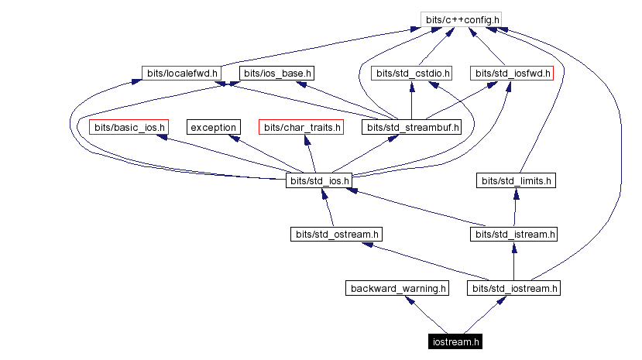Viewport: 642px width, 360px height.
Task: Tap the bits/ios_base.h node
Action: [277, 74]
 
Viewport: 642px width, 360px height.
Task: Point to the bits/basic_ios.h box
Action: [129, 127]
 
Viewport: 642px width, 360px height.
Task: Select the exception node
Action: [213, 127]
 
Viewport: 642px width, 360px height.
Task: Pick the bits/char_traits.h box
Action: [300, 127]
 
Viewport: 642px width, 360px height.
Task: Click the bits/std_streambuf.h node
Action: [412, 127]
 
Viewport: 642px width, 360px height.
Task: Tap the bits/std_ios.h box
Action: [319, 181]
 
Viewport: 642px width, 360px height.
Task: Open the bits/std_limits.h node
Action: [517, 181]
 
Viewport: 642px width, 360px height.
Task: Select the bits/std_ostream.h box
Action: [337, 234]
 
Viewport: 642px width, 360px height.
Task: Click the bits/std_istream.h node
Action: [514, 234]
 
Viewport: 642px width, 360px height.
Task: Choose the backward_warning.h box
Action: [397, 289]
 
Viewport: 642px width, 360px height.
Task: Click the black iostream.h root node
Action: [457, 341]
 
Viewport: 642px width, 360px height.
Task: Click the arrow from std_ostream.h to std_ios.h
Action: [328, 207]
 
